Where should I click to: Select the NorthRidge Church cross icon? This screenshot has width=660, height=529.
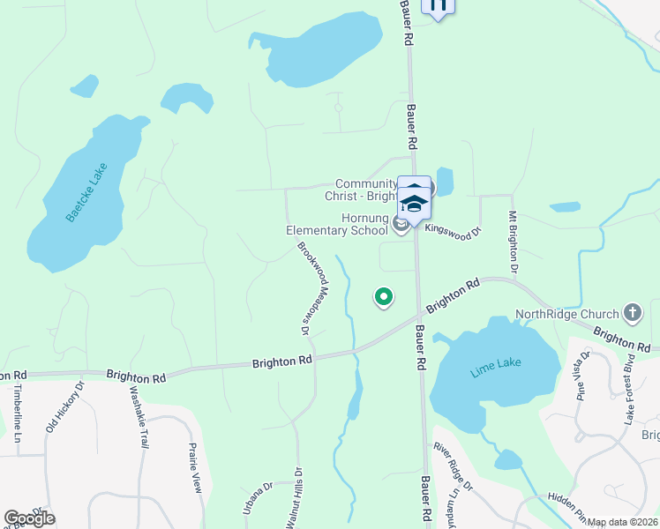[632, 312]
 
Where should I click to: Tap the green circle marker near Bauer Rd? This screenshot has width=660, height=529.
[383, 298]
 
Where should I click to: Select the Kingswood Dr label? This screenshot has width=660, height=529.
[454, 230]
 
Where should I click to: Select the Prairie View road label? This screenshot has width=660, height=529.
[196, 466]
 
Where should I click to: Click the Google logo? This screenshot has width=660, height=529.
[29, 518]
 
